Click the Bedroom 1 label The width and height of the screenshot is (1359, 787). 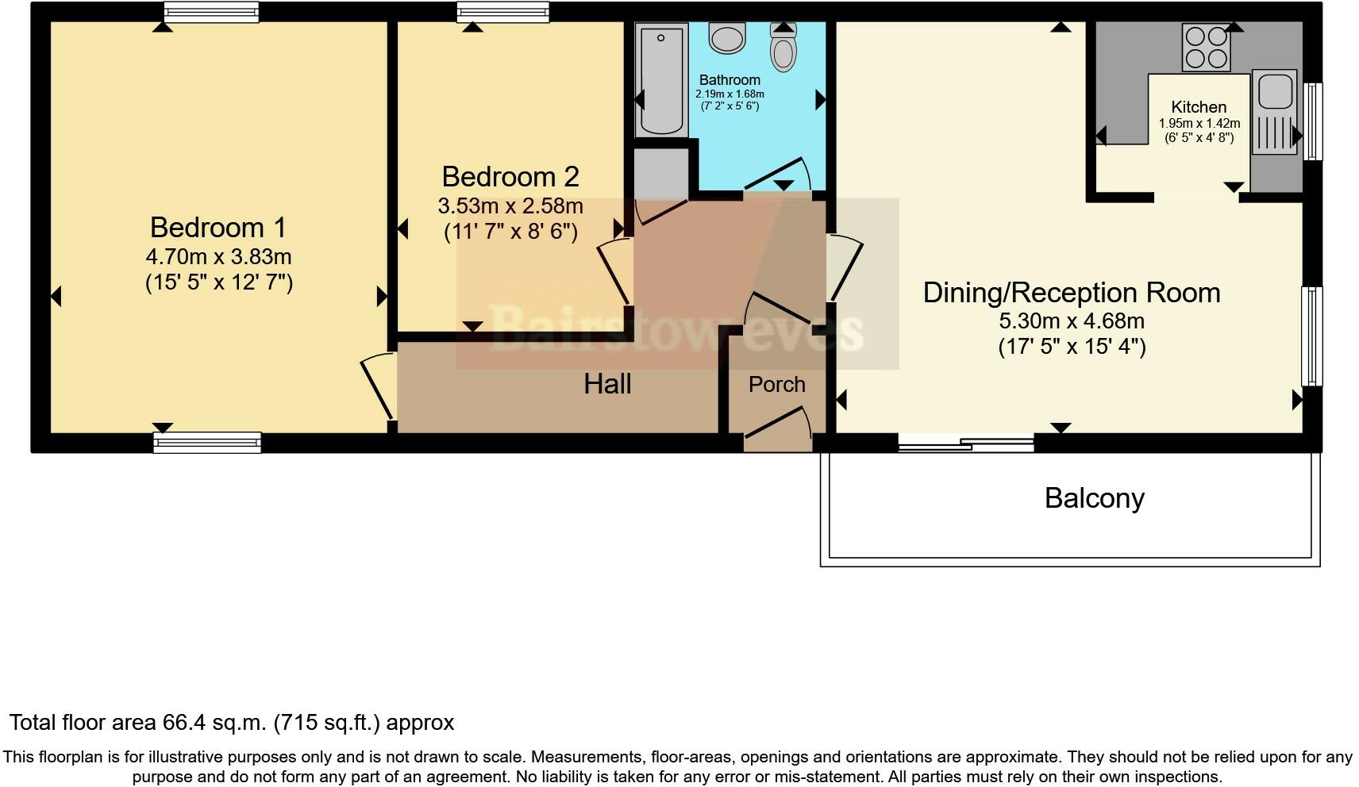click(x=218, y=228)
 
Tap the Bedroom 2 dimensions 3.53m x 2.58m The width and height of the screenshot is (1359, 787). click(x=510, y=206)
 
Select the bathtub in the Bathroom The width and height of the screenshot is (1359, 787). click(x=660, y=79)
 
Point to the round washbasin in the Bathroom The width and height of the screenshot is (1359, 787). click(x=727, y=37)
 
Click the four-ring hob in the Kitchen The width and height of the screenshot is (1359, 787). click(x=1206, y=47)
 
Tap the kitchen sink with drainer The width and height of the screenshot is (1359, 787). click(x=1273, y=111)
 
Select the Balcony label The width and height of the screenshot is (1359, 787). click(x=1094, y=498)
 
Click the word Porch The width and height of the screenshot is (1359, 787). click(x=776, y=385)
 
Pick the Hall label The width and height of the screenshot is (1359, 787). click(x=607, y=385)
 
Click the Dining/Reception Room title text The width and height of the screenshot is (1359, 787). click(x=1071, y=293)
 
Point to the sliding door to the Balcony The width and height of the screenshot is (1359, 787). click(x=966, y=444)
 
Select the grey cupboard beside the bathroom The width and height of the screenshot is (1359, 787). click(x=660, y=173)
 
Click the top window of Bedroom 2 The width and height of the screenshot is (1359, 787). click(x=502, y=11)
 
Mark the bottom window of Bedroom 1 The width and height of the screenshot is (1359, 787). click(x=207, y=443)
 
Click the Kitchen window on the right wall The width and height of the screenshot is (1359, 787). click(x=1314, y=121)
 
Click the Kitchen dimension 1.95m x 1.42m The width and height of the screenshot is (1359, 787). click(x=1199, y=124)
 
